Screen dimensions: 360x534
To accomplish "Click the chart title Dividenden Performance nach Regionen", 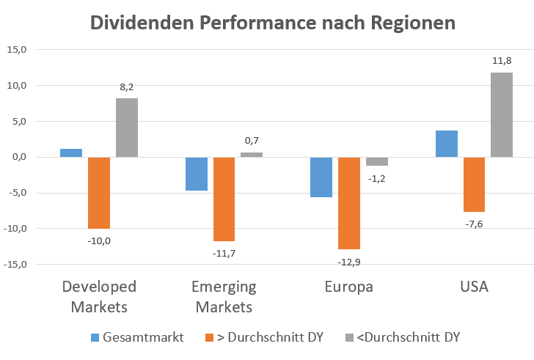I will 272,23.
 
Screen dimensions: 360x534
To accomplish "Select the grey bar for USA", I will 502,114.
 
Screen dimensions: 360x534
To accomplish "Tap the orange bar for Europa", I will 349,203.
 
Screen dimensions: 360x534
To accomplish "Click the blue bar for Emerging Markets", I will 197,174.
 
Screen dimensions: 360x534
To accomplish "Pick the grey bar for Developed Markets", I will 127,128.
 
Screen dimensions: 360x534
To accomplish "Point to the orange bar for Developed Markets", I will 99,193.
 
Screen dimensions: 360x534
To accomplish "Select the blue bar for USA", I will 447,144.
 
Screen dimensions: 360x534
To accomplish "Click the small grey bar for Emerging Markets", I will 252,155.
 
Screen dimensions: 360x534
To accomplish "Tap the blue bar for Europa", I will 321,177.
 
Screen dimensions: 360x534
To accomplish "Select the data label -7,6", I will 474,224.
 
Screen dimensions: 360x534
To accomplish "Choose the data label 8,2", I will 127,87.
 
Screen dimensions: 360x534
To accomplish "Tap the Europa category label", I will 349,286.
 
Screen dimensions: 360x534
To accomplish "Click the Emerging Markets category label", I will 224,296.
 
